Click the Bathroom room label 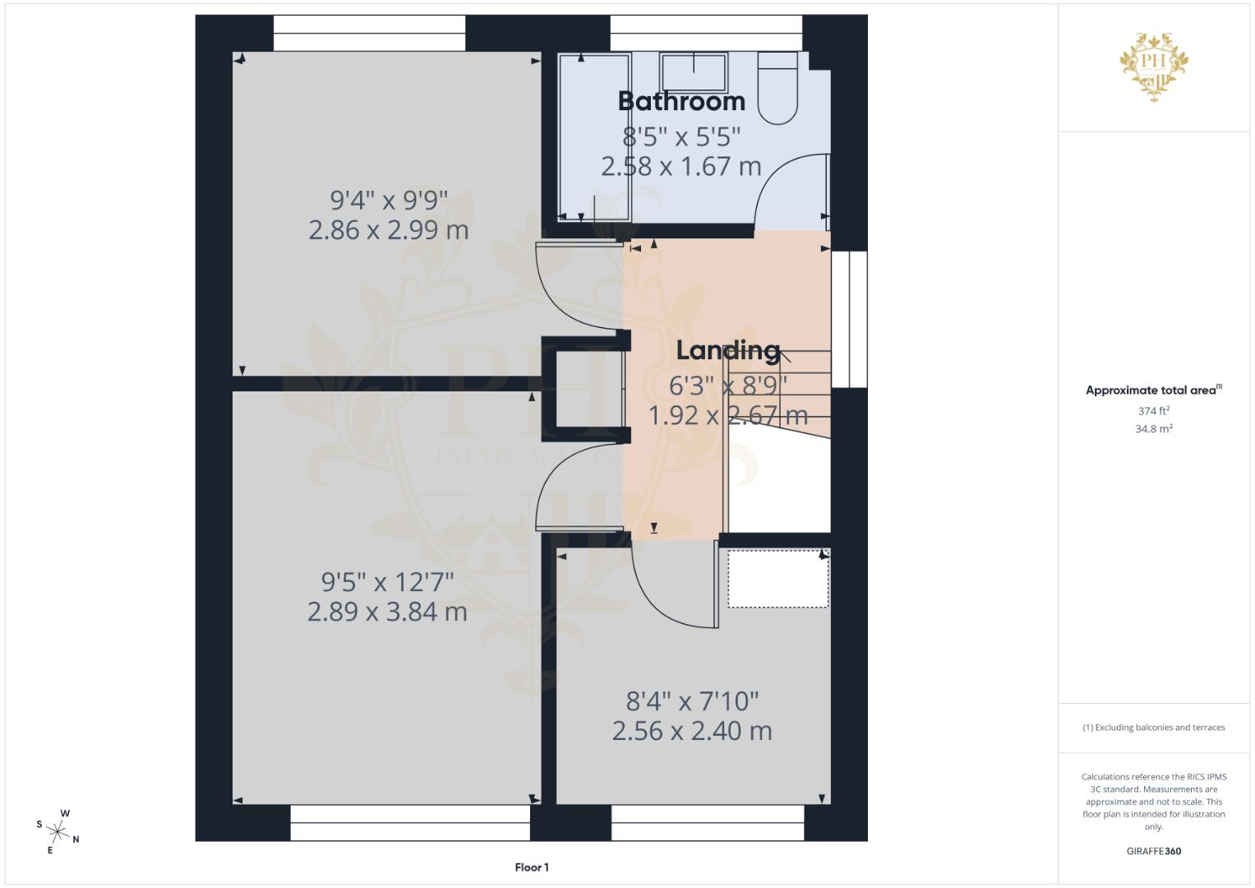click(681, 101)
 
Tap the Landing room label click(727, 350)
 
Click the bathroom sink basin click(694, 72)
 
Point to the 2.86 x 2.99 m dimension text click(389, 229)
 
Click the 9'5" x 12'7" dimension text click(387, 582)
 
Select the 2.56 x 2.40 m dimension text click(692, 730)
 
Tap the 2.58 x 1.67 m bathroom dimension click(681, 166)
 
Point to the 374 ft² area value click(1153, 411)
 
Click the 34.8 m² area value click(1153, 428)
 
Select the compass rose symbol click(58, 831)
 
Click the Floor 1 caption click(532, 867)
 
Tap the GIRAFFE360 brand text click(1153, 851)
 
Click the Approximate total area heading click(1153, 391)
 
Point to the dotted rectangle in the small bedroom click(777, 579)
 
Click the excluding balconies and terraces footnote click(1153, 728)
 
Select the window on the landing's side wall click(850, 319)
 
